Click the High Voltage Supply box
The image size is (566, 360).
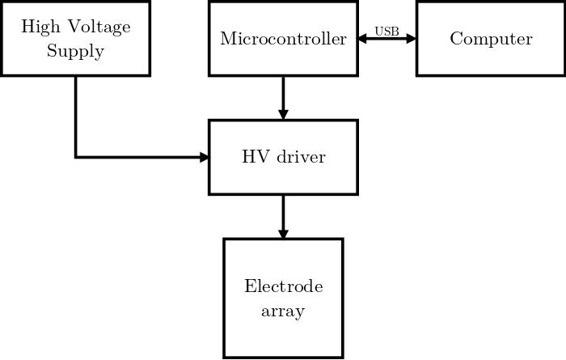pyautogui.click(x=75, y=39)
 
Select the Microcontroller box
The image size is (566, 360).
pyautogui.click(x=283, y=39)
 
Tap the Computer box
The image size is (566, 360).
pyautogui.click(x=491, y=39)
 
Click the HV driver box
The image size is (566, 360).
pyautogui.click(x=283, y=157)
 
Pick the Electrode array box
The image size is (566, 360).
pyautogui.click(x=283, y=299)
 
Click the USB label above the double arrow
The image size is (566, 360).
pyautogui.click(x=386, y=32)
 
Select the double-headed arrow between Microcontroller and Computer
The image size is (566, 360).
pyautogui.click(x=386, y=39)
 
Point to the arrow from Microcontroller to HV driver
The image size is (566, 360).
pyautogui.click(x=283, y=97)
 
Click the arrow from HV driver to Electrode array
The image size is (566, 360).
pyautogui.click(x=283, y=215)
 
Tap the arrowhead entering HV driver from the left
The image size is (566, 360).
pyautogui.click(x=204, y=157)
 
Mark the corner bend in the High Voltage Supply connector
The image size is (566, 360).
pyautogui.click(x=76, y=157)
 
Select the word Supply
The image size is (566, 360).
pyautogui.click(x=75, y=51)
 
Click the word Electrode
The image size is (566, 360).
pyautogui.click(x=283, y=287)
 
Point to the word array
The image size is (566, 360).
pyautogui.click(x=283, y=311)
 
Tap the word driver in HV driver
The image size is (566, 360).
pyautogui.click(x=301, y=157)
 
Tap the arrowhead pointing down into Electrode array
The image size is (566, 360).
pyautogui.click(x=283, y=232)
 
